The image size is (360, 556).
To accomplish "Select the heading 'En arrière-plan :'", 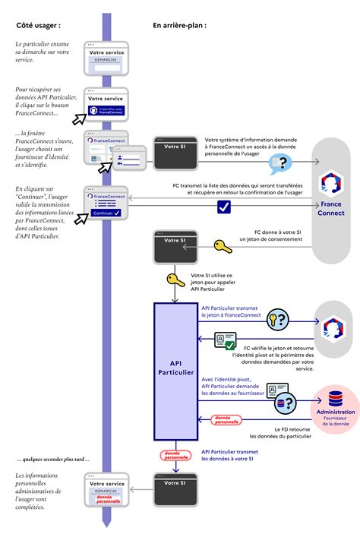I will tap(179, 25).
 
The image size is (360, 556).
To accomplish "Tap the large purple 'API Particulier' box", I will tap(175, 371).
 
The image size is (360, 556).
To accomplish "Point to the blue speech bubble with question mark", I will tap(282, 162).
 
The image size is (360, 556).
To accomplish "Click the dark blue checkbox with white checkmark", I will tap(223, 206).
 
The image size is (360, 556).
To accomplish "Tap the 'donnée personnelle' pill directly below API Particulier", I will tap(176, 455).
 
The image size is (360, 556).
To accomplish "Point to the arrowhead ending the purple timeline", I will tap(106, 523).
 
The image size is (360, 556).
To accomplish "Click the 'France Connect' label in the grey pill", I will tap(331, 209).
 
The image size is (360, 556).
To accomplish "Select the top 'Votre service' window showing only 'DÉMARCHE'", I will tap(106, 59).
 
